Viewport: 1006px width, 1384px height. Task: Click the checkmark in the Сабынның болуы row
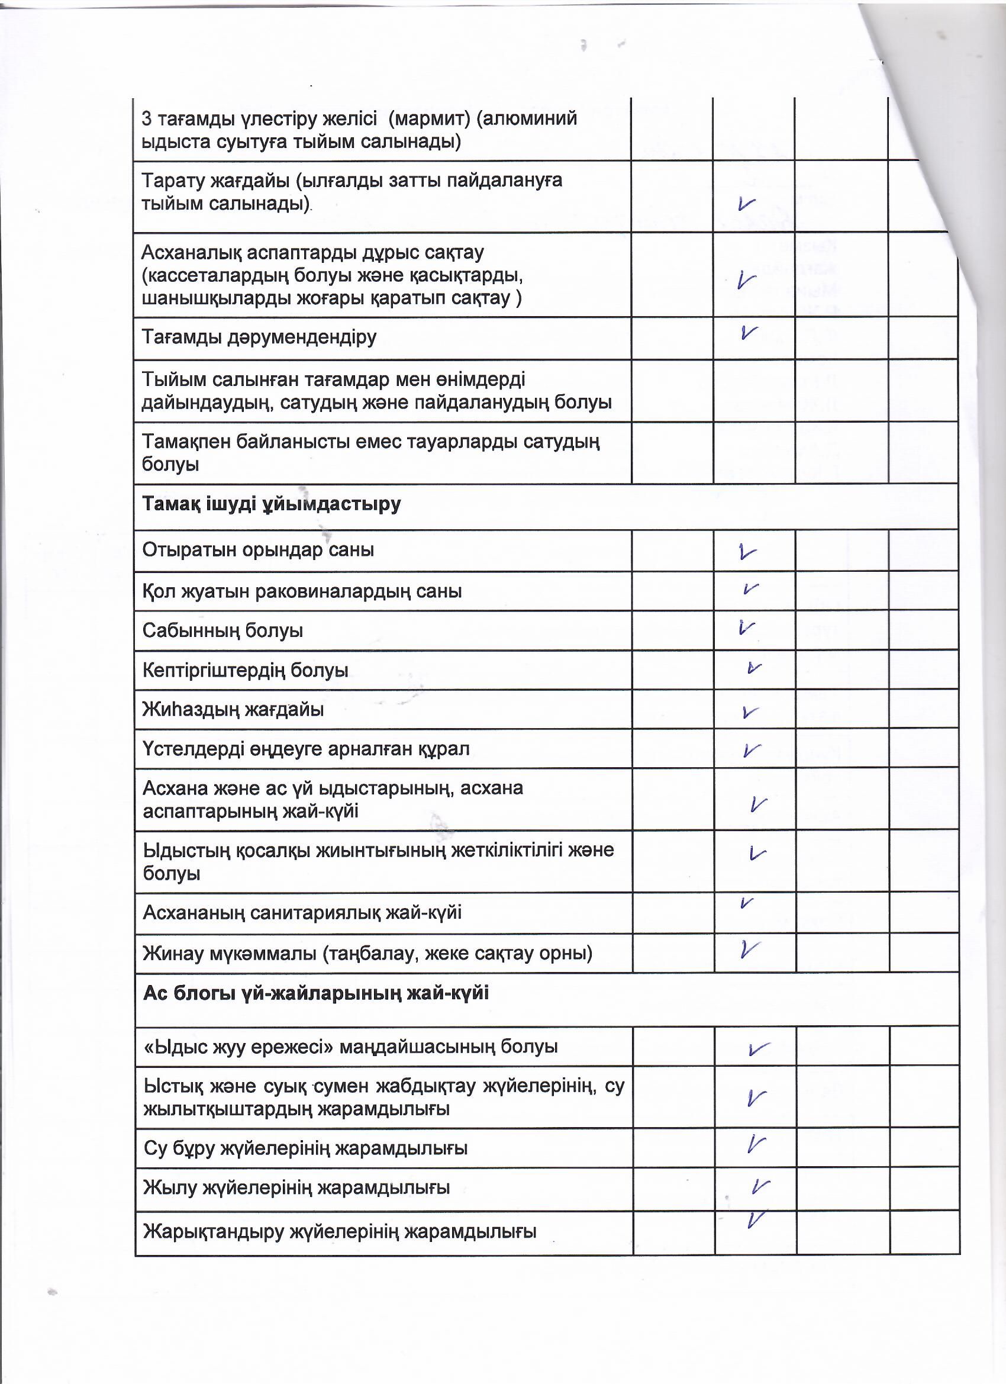(x=746, y=627)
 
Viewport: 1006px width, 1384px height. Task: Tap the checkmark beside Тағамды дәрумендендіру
(x=748, y=332)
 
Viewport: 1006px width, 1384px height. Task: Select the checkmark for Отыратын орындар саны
(x=747, y=552)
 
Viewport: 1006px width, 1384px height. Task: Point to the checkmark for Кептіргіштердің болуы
(x=754, y=668)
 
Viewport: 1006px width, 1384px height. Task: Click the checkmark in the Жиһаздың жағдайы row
(x=750, y=712)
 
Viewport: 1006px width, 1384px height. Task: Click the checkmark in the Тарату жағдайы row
(x=746, y=203)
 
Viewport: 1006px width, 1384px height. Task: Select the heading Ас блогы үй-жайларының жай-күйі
(x=316, y=993)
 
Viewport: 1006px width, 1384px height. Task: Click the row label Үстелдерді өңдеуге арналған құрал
(x=305, y=749)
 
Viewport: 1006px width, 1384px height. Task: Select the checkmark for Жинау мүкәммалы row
(x=750, y=949)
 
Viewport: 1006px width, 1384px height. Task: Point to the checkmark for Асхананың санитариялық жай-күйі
(x=746, y=904)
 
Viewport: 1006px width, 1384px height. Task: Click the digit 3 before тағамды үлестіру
(x=146, y=118)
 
